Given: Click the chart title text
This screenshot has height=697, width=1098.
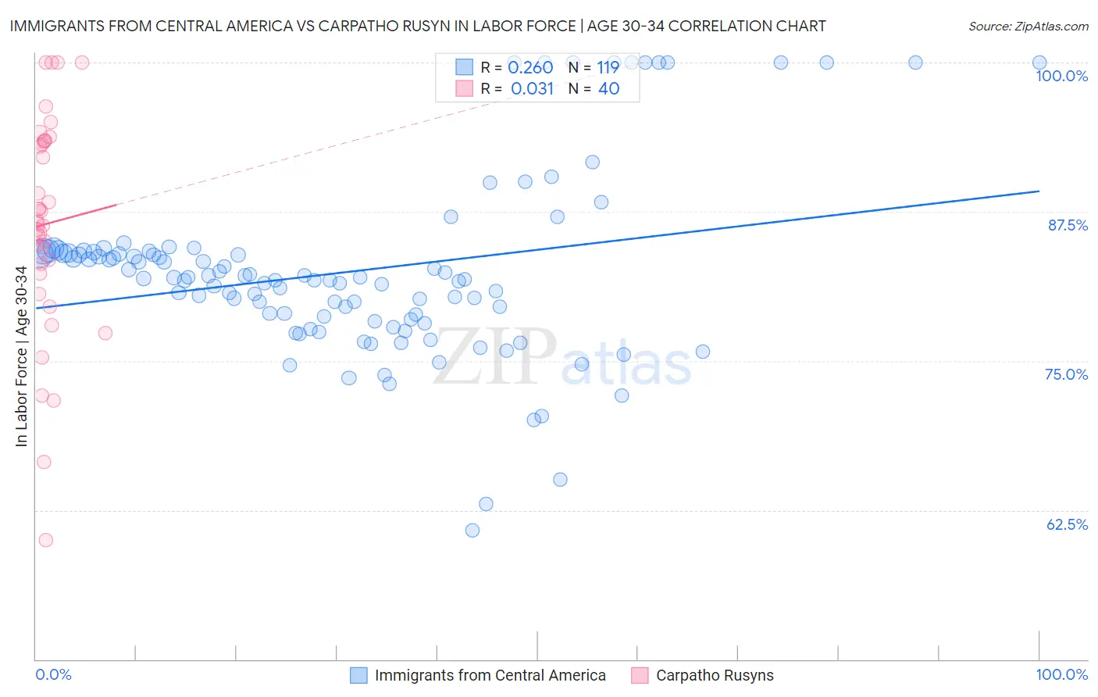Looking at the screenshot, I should (x=417, y=26).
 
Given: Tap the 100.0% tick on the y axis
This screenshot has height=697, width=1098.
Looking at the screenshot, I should (x=1061, y=76).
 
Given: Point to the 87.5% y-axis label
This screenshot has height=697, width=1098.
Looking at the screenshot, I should (x=1067, y=225).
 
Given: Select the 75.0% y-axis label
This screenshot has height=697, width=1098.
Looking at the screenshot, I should (x=1066, y=374).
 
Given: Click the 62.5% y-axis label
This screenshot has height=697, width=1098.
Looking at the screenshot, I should (x=1067, y=524).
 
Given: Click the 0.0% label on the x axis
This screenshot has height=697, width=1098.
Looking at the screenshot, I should (x=53, y=674).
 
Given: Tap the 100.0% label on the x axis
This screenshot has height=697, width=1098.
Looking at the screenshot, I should (x=1061, y=674).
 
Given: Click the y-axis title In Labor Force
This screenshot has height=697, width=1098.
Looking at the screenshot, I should (x=21, y=356).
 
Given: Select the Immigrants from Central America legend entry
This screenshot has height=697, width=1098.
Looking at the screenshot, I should (x=490, y=675).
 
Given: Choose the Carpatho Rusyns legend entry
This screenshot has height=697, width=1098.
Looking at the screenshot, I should (x=715, y=675).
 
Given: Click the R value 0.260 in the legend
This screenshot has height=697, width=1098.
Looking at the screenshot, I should (x=530, y=67).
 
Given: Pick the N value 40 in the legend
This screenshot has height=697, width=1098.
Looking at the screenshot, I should (x=608, y=89).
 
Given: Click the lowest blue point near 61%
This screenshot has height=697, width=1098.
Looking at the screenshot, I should (x=472, y=531).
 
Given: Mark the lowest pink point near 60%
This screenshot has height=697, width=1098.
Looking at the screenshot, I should (x=45, y=540).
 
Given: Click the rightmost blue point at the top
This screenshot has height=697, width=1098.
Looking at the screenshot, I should (x=1039, y=63).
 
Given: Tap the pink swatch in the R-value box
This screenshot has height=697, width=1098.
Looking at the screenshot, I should (x=464, y=89).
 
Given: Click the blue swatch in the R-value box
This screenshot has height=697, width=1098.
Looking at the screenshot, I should (x=464, y=67).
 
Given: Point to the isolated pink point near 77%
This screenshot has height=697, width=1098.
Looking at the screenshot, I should (x=105, y=333).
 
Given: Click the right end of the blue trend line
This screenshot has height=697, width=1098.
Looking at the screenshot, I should (x=1039, y=191).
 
